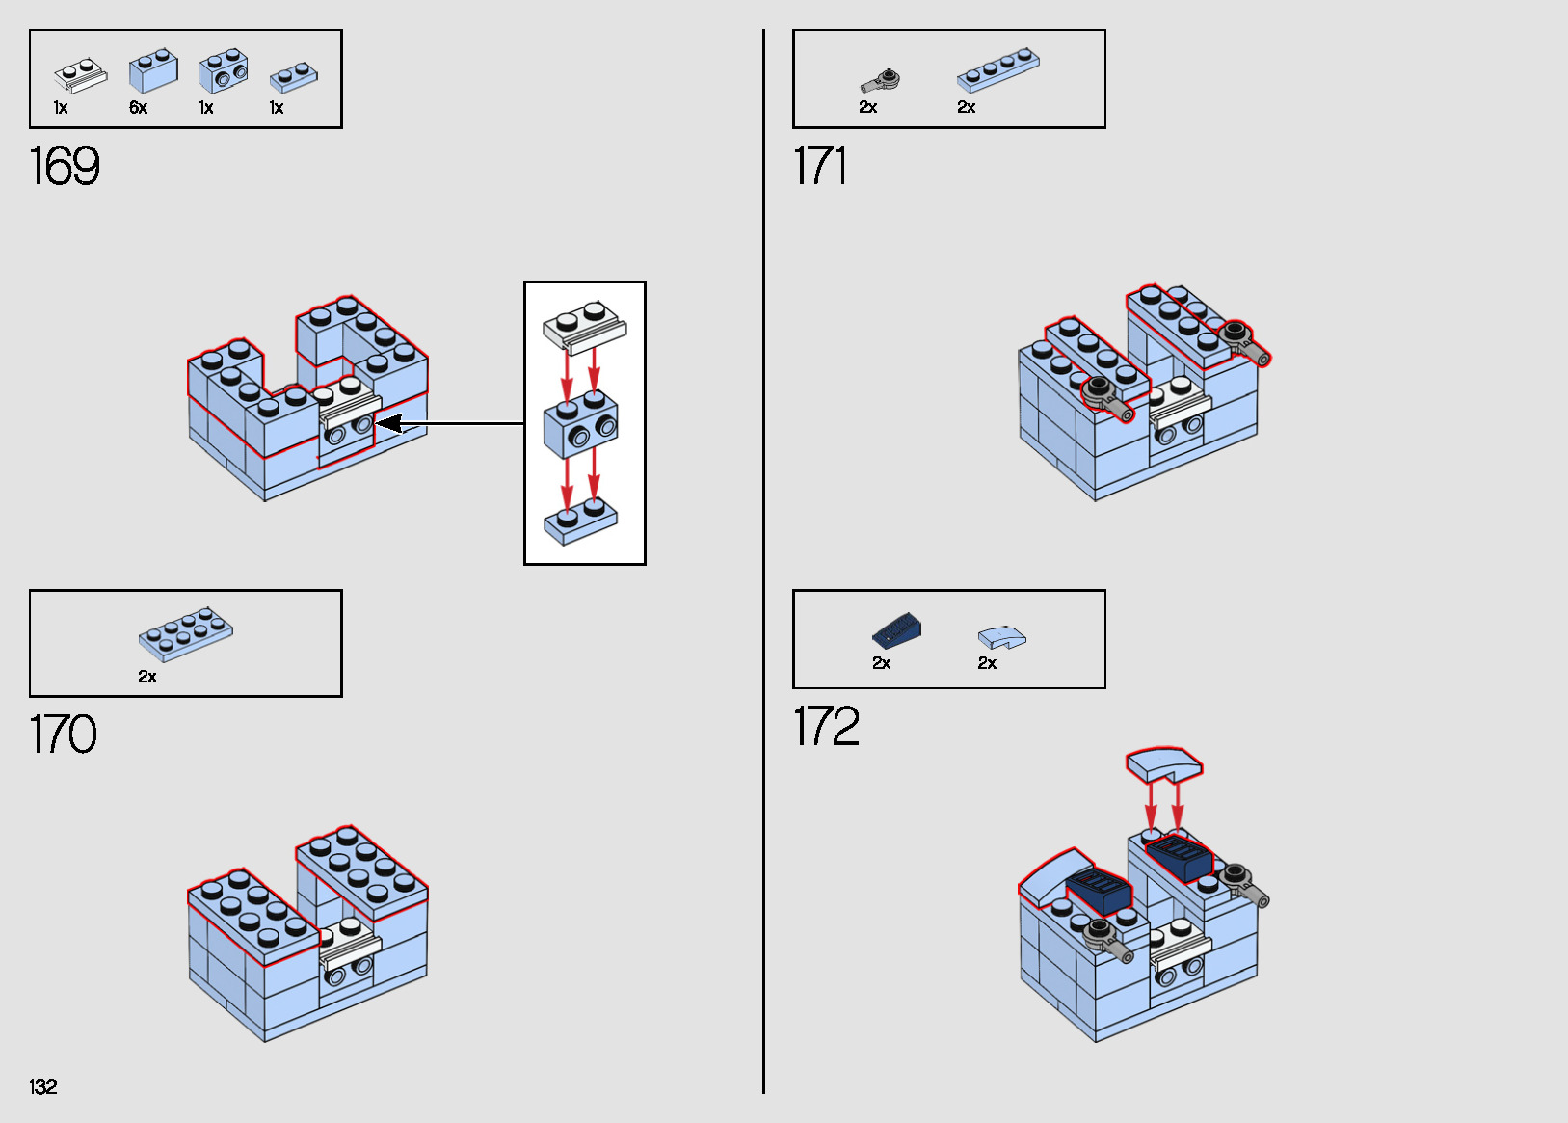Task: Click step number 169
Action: (x=64, y=166)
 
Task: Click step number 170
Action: (x=63, y=735)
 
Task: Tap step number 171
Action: (x=819, y=166)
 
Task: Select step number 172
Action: (x=826, y=726)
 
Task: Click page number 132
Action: (x=42, y=1086)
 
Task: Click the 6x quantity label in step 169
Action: (x=138, y=108)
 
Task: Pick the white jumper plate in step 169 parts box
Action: (x=80, y=75)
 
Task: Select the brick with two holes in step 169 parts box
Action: (x=224, y=70)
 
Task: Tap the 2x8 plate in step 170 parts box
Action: (x=185, y=634)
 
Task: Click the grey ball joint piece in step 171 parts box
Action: (x=881, y=81)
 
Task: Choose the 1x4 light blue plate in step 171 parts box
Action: (x=997, y=70)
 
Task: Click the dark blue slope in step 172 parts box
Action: (x=896, y=632)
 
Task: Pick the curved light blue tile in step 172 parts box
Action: (x=1001, y=637)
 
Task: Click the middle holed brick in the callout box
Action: (x=580, y=424)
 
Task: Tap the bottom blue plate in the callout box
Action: (x=580, y=521)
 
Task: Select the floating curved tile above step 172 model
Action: (x=1164, y=763)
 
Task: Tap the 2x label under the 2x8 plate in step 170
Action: (x=146, y=677)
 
